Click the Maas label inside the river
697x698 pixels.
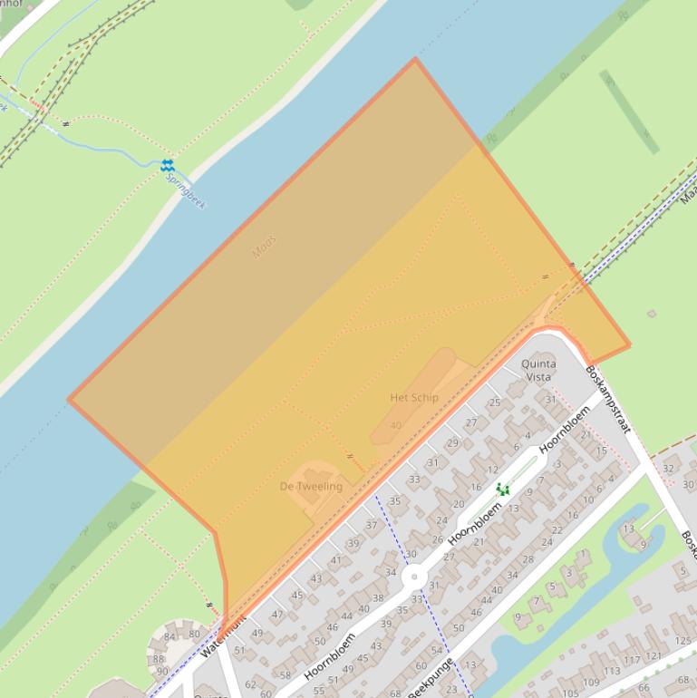point(264,247)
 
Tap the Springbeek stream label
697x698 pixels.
point(186,189)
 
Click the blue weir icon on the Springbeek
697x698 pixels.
point(167,165)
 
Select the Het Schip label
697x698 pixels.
point(414,397)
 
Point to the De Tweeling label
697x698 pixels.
point(311,486)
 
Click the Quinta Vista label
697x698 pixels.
point(538,370)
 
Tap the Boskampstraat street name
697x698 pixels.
point(607,399)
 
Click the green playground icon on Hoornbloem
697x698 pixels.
point(502,489)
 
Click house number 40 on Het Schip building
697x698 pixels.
point(395,425)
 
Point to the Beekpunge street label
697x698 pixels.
point(431,678)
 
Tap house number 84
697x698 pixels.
point(169,637)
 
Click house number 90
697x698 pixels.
point(162,671)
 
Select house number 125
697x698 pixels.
point(682,642)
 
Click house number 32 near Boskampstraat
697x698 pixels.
point(669,468)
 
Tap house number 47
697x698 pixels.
point(277,614)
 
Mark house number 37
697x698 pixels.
point(372,525)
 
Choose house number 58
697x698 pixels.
point(286,675)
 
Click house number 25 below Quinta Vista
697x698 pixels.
point(495,402)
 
